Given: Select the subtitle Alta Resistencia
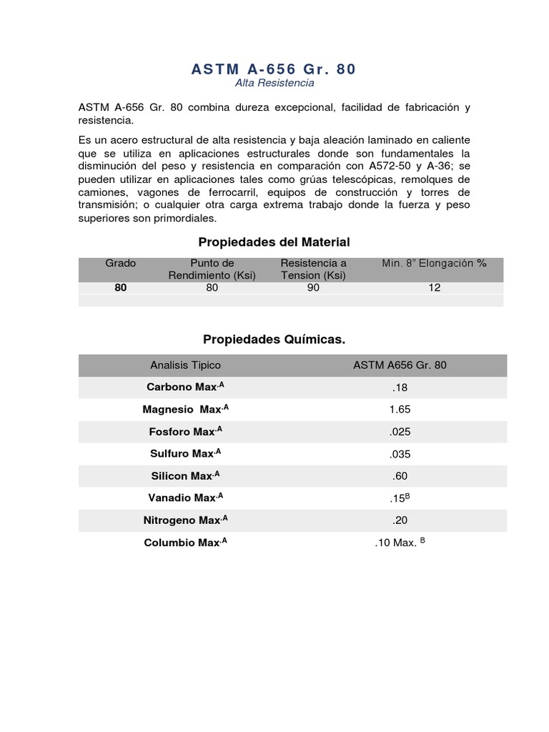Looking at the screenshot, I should point(274,84).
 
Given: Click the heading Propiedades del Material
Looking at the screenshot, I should point(274,242).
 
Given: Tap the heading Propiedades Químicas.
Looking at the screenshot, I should point(274,340).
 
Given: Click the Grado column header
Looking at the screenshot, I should point(120,263).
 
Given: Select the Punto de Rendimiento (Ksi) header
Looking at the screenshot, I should point(212,269).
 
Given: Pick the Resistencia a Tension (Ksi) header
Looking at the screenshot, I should point(313,269).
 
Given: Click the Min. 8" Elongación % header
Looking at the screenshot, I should point(434,263).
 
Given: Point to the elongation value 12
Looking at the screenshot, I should point(435,288).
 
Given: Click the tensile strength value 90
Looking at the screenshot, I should point(313,288).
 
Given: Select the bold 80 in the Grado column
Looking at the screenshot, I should point(120,288).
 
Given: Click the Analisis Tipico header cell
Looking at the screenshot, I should point(185,365).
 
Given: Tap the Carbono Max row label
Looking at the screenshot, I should point(185,387).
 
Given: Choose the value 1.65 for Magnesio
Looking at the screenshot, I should point(400,410).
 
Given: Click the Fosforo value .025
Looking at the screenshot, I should point(400,432).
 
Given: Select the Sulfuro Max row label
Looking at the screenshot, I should point(185,454).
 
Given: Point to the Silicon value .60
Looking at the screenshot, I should point(400,476).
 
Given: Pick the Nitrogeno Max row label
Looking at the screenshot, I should point(185,520).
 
